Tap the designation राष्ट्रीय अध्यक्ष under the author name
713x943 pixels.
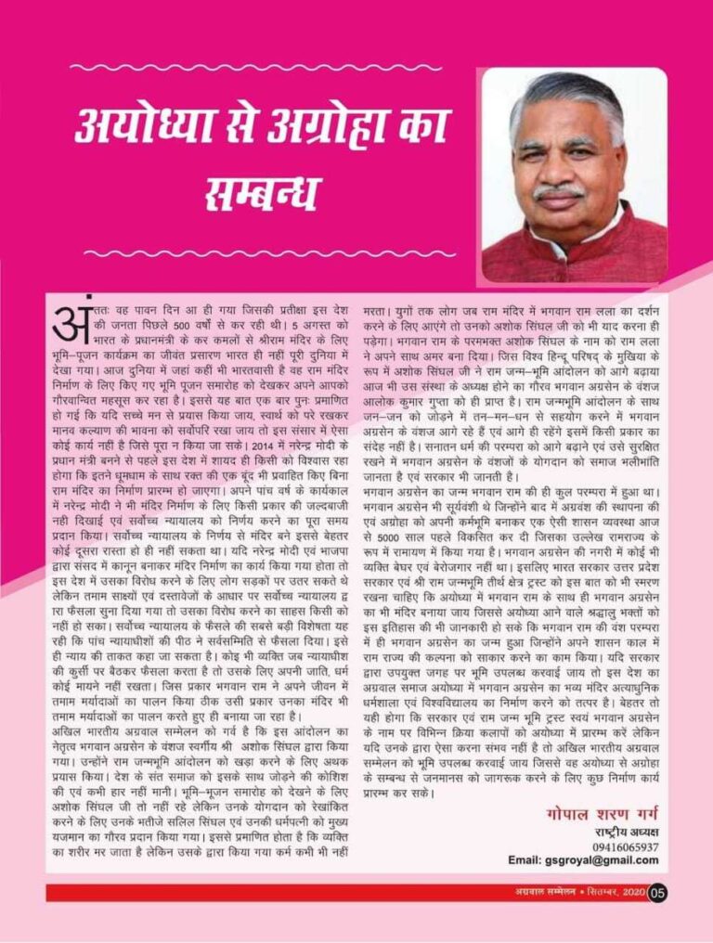(627, 832)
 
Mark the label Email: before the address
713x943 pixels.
(535, 860)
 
